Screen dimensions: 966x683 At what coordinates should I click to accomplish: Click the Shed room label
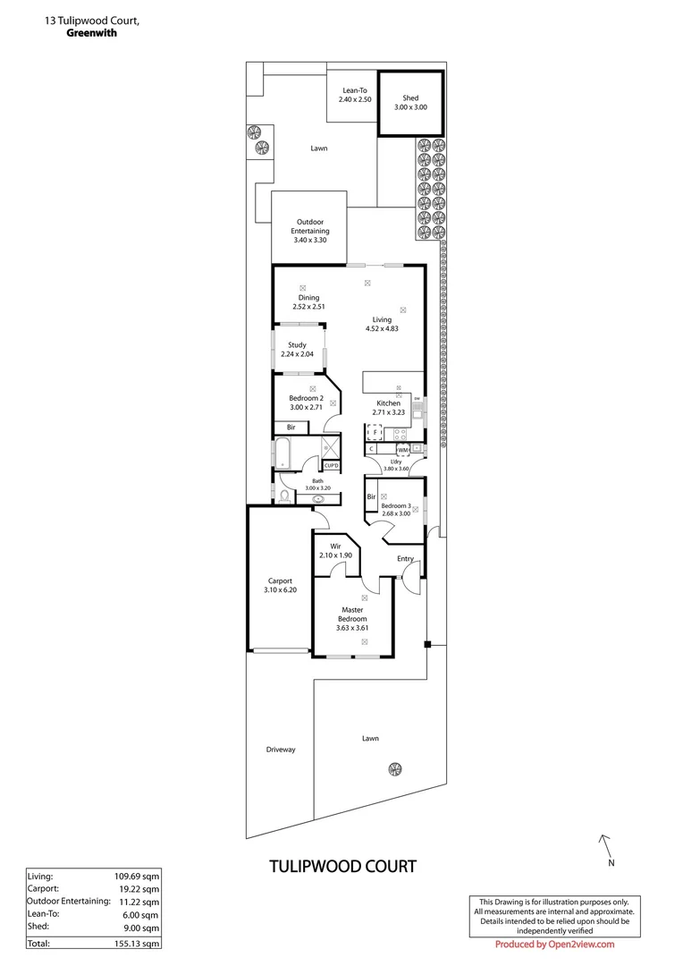pyautogui.click(x=410, y=97)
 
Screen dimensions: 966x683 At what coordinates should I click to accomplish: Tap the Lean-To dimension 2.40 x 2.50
pyautogui.click(x=355, y=99)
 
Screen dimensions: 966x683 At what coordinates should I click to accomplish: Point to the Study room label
pyautogui.click(x=297, y=345)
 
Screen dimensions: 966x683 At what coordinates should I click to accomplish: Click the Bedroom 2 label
pyautogui.click(x=306, y=398)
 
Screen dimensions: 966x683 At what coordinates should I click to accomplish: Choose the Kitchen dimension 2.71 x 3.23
pyautogui.click(x=389, y=413)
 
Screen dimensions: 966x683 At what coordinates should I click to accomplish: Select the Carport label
pyautogui.click(x=279, y=580)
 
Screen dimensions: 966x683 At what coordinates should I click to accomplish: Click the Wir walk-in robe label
pyautogui.click(x=335, y=546)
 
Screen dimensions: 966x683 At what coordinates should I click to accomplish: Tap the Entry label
pyautogui.click(x=406, y=559)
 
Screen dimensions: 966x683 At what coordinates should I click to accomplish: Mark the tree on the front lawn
pyautogui.click(x=394, y=767)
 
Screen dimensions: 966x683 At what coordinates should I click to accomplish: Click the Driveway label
pyautogui.click(x=280, y=750)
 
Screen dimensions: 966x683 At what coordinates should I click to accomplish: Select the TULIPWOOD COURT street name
pyautogui.click(x=342, y=866)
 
